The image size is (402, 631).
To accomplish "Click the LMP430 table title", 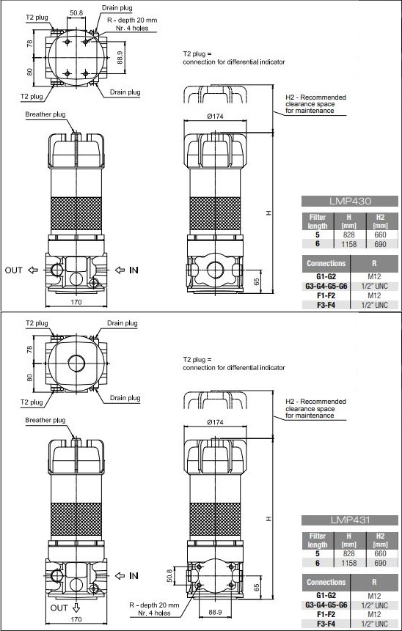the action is tap(350, 201).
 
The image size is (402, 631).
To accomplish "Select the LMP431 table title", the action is tap(350, 520).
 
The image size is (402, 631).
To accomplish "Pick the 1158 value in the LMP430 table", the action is tap(349, 244).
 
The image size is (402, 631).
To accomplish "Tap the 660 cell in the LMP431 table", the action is tap(380, 554).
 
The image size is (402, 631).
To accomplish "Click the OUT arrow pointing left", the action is tap(33, 270).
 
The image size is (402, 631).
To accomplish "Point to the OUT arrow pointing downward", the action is tap(76, 608).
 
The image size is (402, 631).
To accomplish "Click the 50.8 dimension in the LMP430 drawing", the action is tap(76, 13).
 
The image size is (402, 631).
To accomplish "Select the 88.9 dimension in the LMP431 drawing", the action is tap(215, 612).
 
